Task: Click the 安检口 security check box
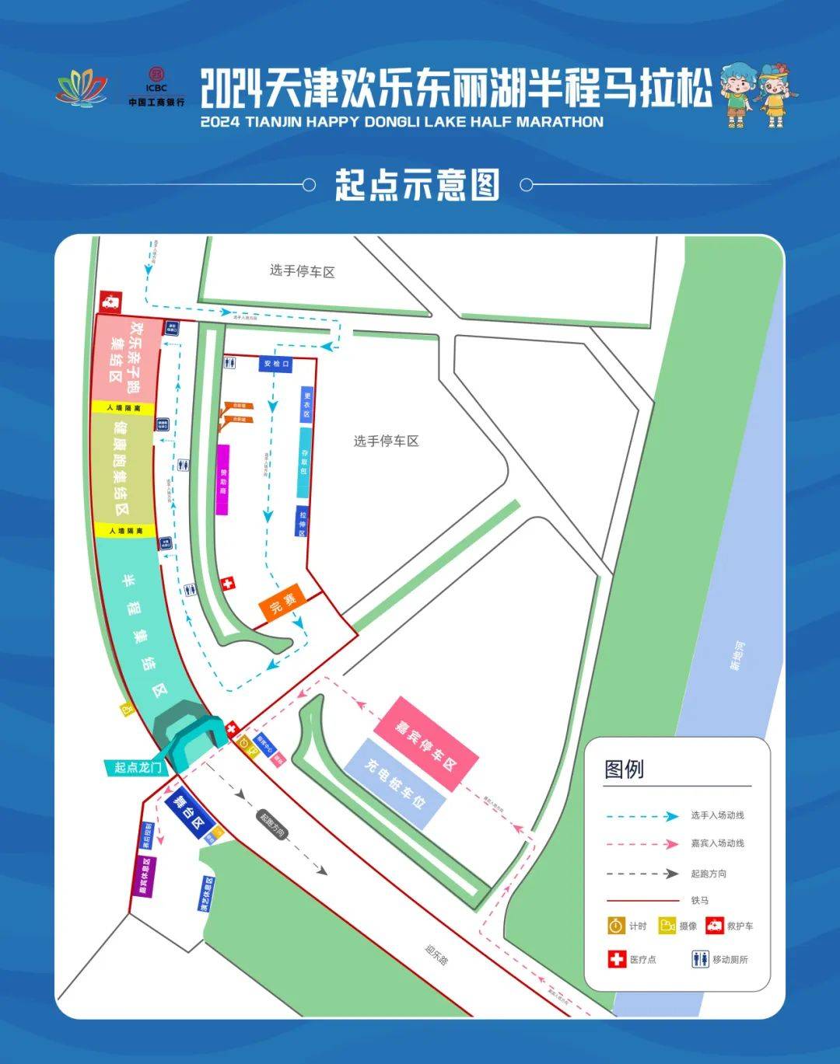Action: pyautogui.click(x=276, y=364)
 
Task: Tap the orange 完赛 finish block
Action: pyautogui.click(x=283, y=602)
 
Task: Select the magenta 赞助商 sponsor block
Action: pyautogui.click(x=223, y=480)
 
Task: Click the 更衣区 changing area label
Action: pyautogui.click(x=306, y=405)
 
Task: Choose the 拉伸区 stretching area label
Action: pyautogui.click(x=303, y=522)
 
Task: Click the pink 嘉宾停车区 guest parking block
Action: pyautogui.click(x=426, y=733)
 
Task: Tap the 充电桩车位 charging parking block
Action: pyautogui.click(x=397, y=784)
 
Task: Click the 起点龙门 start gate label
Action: pyautogui.click(x=138, y=768)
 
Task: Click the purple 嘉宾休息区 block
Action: pyautogui.click(x=144, y=877)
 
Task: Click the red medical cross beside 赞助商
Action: pyautogui.click(x=228, y=584)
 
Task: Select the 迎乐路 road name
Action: pyautogui.click(x=437, y=954)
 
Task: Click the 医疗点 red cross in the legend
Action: pyautogui.click(x=617, y=959)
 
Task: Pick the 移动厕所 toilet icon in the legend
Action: pyautogui.click(x=700, y=959)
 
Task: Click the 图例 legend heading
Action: pyautogui.click(x=625, y=769)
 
